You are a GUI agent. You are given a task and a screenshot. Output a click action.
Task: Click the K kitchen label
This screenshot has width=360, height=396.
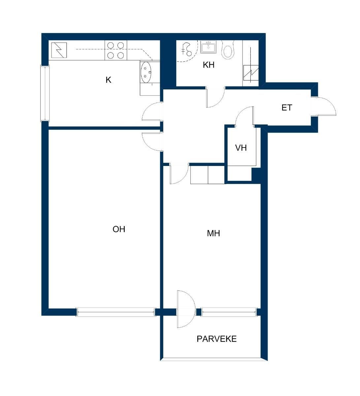point(109,80)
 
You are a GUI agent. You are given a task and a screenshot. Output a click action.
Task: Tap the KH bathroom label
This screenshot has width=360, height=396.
point(209,65)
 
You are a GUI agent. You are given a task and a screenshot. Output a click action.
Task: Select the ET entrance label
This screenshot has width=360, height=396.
point(287,108)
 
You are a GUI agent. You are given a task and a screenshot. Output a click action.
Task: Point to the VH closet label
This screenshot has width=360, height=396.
point(241,148)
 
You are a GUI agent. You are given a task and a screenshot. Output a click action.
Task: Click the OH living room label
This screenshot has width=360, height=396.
point(119,229)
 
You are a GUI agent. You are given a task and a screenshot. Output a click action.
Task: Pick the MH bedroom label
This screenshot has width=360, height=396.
point(213,233)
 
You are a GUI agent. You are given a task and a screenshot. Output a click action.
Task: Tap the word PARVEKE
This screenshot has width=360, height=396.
point(217,339)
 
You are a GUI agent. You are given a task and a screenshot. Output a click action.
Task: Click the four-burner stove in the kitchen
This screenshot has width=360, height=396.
point(116,50)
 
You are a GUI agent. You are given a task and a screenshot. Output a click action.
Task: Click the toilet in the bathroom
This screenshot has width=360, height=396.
point(228,49)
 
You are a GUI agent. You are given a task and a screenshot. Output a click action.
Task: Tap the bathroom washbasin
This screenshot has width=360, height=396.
point(208,47)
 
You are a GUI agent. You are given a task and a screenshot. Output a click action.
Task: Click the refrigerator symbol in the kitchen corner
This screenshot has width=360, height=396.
point(59,50)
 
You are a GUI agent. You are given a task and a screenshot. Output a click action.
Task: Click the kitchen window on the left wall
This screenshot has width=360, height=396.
point(45,93)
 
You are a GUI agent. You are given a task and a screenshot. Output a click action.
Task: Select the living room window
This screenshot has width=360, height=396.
point(116,312)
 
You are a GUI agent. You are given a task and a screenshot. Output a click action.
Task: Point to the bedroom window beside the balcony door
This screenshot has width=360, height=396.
point(229,312)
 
